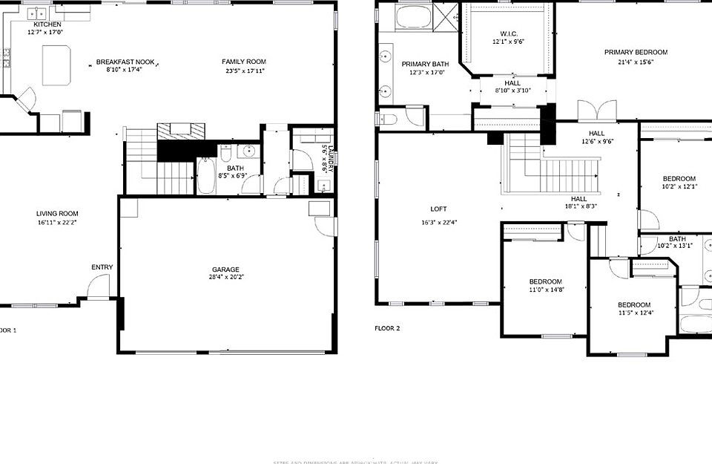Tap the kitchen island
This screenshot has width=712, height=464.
point(56,65)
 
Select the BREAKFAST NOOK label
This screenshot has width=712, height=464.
point(124,62)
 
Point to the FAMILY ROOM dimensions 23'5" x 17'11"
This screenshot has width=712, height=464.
point(243,71)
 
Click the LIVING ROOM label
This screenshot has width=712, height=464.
point(57,214)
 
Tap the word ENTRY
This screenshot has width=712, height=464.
point(102,267)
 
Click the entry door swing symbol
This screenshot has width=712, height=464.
point(97,286)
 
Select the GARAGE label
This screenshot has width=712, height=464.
point(225,269)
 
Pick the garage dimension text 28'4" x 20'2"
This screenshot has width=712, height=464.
point(225,278)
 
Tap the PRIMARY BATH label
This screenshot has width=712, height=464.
point(421,65)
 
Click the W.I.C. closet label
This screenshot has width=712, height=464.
point(508,33)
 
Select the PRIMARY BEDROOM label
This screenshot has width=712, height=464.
point(636,52)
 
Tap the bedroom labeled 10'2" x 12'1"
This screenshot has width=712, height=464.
point(679,183)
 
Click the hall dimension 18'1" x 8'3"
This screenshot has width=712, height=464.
point(578,208)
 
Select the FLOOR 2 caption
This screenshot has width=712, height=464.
point(387,327)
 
